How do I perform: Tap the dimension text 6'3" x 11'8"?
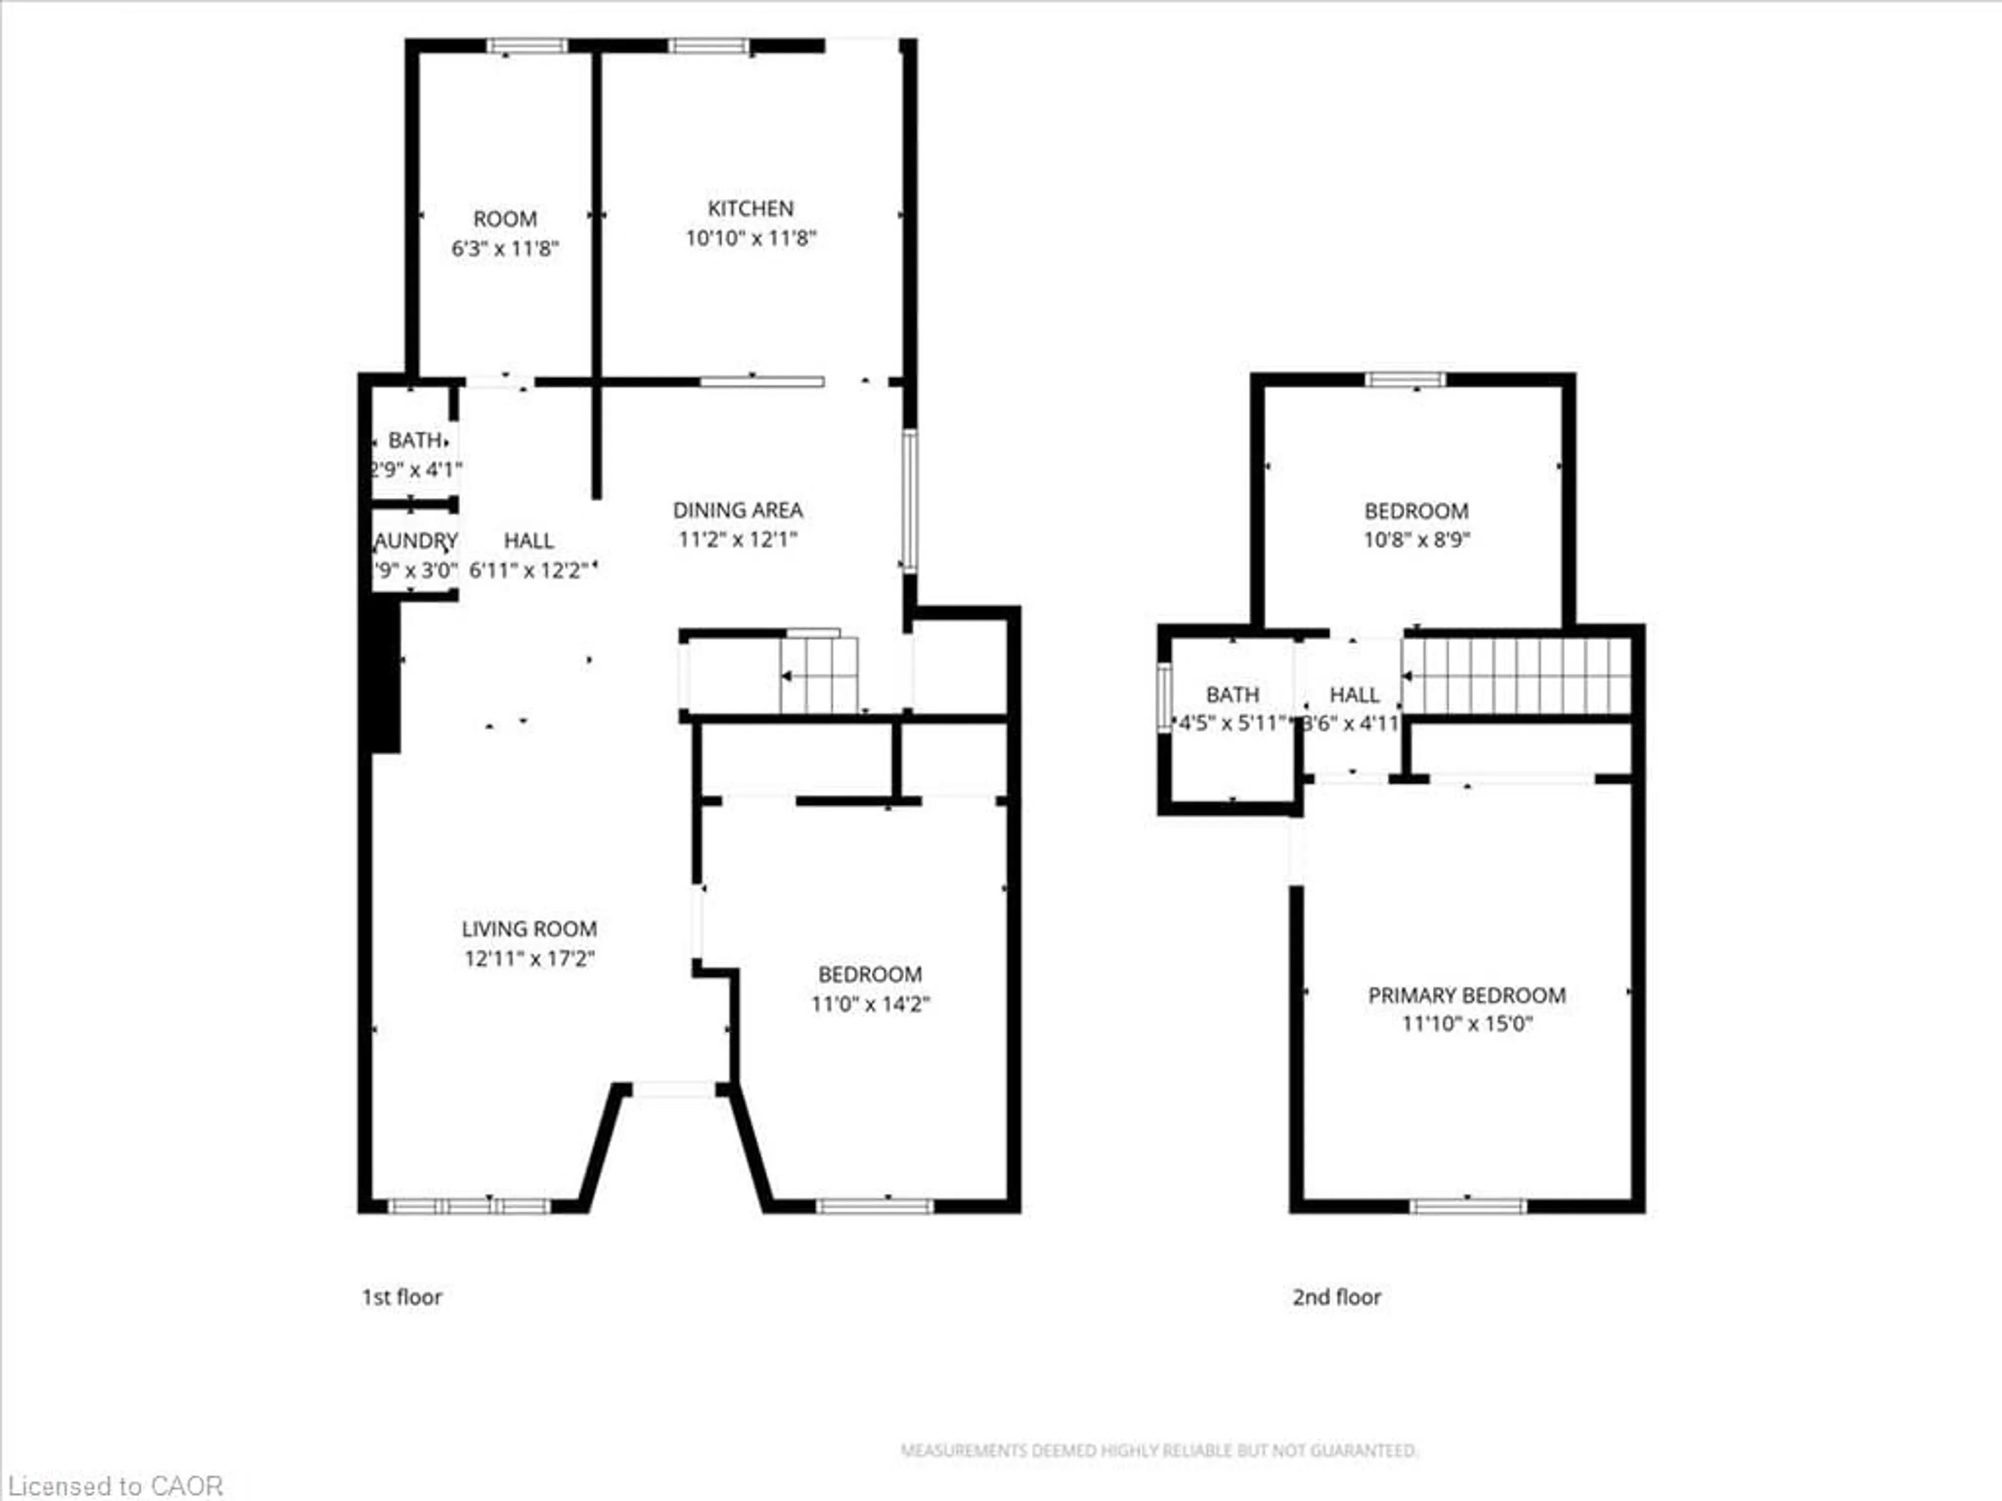click(x=505, y=249)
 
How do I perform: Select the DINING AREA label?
click(x=738, y=510)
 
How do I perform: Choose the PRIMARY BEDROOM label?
click(x=1466, y=995)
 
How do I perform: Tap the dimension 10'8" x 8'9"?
click(x=1417, y=540)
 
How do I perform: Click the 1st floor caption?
click(x=402, y=1297)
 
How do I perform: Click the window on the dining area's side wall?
click(x=910, y=500)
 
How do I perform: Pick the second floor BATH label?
click(x=1232, y=695)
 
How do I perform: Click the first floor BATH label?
click(x=416, y=440)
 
